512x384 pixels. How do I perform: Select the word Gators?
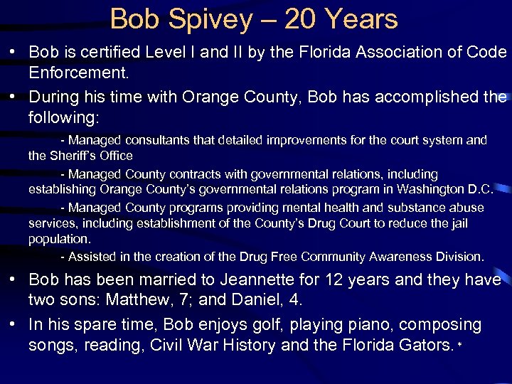[425, 346]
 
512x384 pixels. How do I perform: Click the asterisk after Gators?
[460, 344]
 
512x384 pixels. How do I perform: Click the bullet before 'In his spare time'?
[14, 325]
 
